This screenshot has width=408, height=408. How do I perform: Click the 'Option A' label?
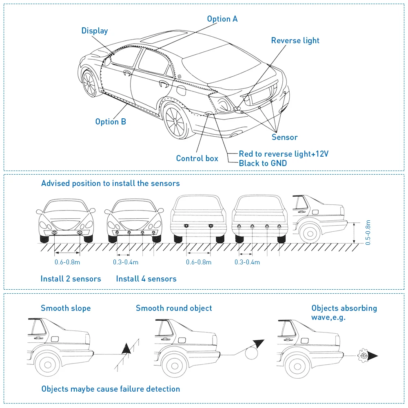(x=222, y=19)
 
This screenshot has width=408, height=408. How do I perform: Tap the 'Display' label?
(x=95, y=31)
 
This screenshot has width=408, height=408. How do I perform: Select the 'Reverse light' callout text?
(x=295, y=40)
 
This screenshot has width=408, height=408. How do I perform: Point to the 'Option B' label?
(x=111, y=122)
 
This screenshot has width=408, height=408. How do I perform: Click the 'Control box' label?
(x=197, y=158)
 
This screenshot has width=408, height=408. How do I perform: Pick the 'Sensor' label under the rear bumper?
(x=284, y=137)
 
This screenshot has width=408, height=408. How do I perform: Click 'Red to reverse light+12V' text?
(x=284, y=154)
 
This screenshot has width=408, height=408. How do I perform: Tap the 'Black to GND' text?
(x=263, y=163)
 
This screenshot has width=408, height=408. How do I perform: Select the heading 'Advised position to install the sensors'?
(x=110, y=183)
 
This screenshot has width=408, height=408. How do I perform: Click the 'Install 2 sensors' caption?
(x=71, y=279)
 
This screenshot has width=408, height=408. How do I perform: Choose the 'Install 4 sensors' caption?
(x=146, y=279)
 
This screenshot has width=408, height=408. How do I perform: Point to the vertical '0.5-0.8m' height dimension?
(x=368, y=233)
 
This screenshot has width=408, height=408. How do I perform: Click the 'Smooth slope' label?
(x=66, y=308)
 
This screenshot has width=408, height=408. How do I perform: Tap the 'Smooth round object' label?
(x=174, y=308)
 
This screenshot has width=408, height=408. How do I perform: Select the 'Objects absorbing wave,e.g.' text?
(x=344, y=312)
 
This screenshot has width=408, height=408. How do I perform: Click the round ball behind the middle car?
(x=252, y=352)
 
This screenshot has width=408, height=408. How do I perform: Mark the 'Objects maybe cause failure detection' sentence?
(x=111, y=389)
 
